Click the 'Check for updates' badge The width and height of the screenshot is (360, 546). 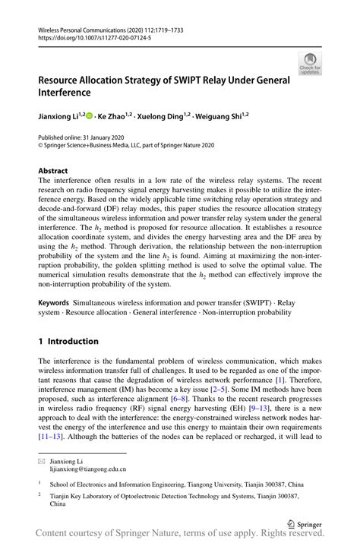310,63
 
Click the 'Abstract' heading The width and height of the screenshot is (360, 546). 53,171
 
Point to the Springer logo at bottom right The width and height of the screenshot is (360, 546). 302,522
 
